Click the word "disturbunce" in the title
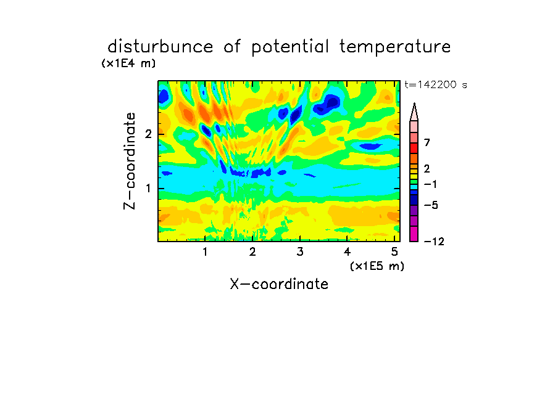(x=160, y=47)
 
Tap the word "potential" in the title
(x=290, y=47)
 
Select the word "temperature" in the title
(x=395, y=47)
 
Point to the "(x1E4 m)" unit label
(x=128, y=63)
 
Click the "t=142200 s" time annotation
(x=436, y=84)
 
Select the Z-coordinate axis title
(x=130, y=161)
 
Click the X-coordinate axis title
(x=279, y=284)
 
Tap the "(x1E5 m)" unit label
(x=377, y=266)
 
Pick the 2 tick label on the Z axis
(x=148, y=134)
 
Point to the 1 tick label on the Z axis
(x=148, y=189)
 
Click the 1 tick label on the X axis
(x=206, y=251)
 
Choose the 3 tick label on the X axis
(x=300, y=251)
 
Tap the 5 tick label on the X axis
(x=394, y=251)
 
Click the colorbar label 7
(x=427, y=143)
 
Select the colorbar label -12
(x=434, y=242)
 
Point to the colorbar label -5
(x=431, y=205)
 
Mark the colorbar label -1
(x=430, y=184)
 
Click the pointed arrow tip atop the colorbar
(x=414, y=103)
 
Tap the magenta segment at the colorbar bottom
(x=414, y=234)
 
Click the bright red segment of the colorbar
(x=414, y=148)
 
